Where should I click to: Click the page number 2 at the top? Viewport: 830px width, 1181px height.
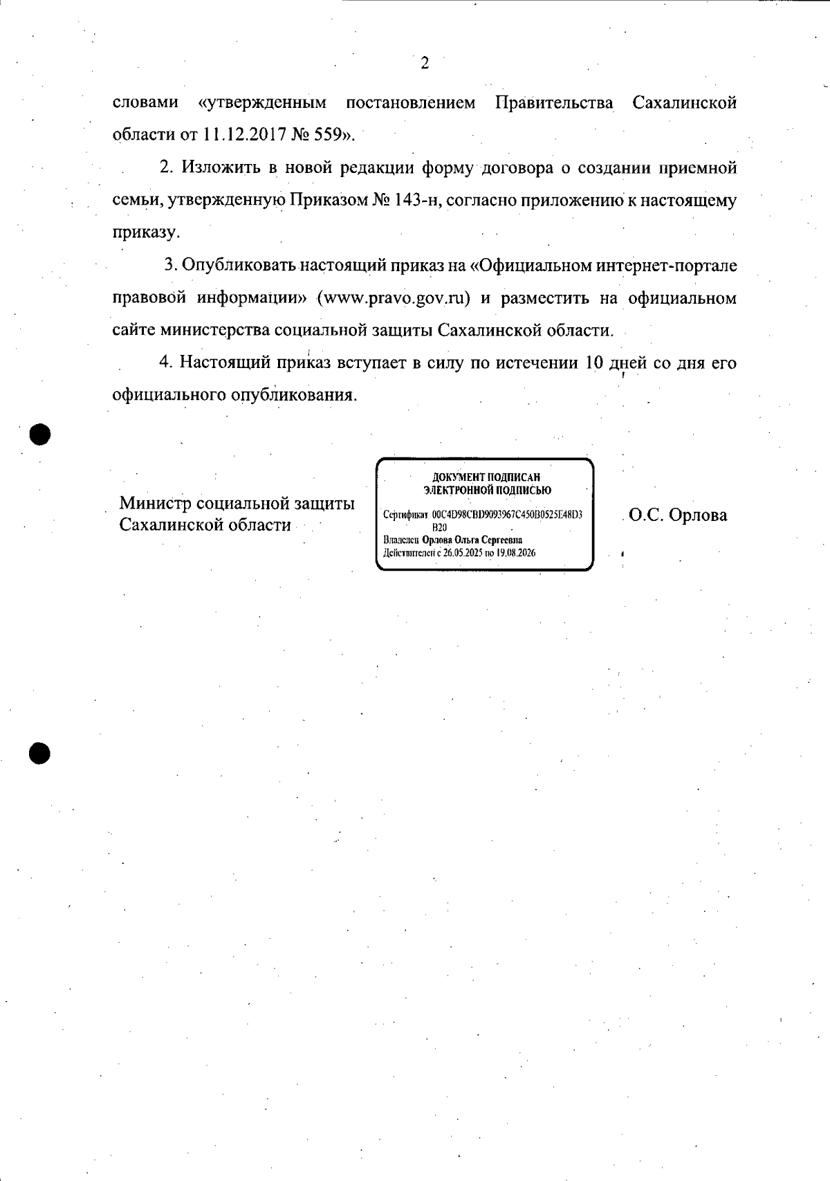425,64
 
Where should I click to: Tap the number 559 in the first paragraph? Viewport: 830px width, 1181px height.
331,134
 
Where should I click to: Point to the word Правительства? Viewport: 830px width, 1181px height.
554,103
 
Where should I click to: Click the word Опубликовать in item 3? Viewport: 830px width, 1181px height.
239,266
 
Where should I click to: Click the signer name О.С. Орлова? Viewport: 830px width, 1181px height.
678,515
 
